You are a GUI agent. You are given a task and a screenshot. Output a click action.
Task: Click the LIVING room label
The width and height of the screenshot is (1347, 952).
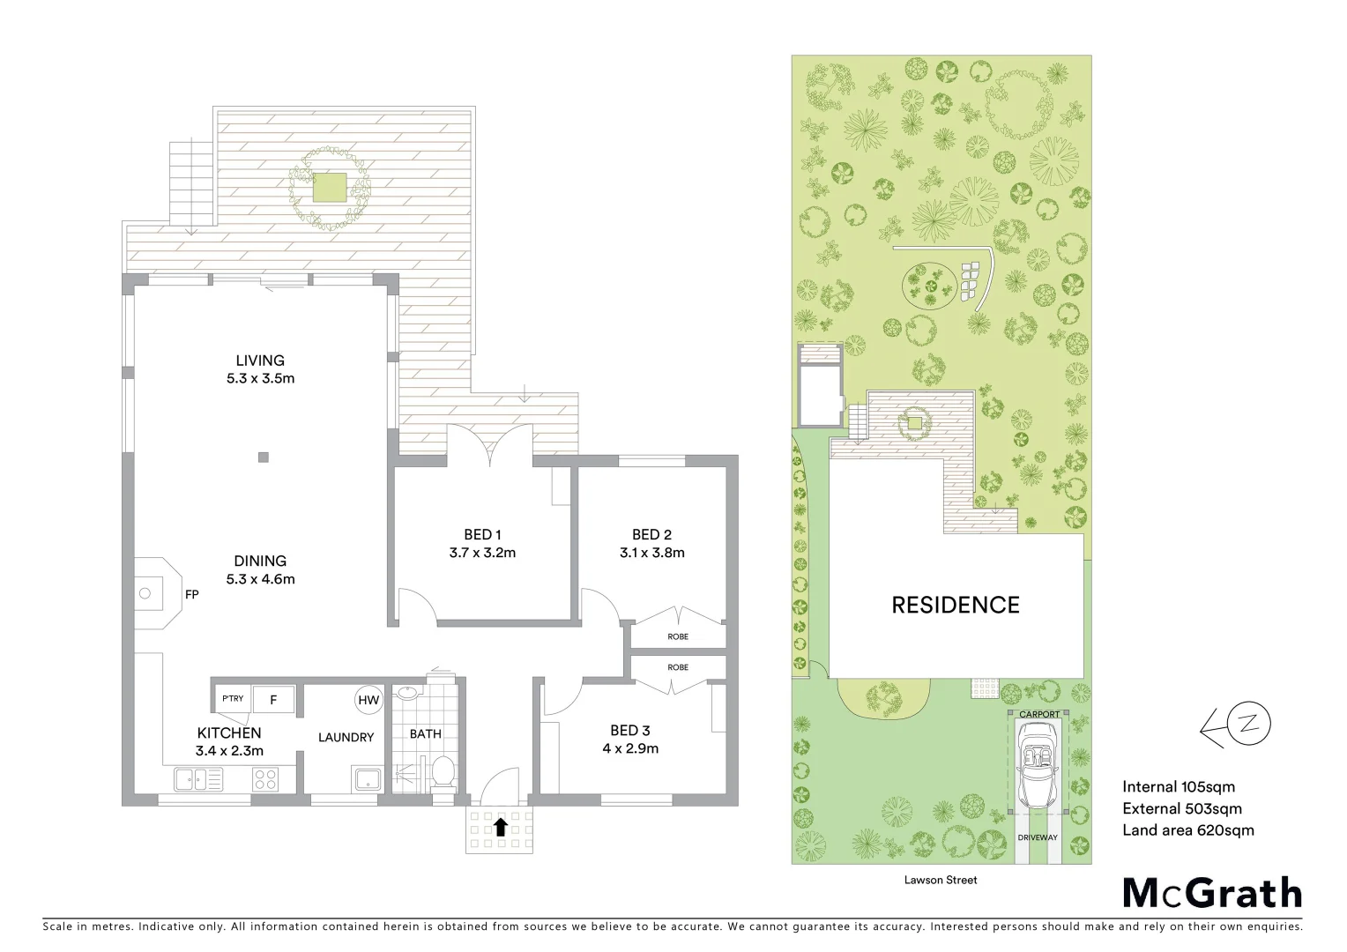(x=260, y=361)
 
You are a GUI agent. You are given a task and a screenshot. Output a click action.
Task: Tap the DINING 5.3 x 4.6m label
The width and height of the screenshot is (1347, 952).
(x=260, y=570)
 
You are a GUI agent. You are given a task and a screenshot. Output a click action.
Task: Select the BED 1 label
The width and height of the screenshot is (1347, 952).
(x=482, y=535)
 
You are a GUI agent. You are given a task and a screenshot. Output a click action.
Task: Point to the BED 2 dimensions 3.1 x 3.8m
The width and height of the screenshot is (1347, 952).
(x=651, y=554)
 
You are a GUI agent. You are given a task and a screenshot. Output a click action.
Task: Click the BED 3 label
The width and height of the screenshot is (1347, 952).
(x=629, y=731)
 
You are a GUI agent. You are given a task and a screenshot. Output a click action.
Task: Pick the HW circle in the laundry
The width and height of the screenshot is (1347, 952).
(x=368, y=701)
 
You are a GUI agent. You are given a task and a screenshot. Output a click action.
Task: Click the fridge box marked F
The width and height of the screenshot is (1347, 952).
(x=273, y=700)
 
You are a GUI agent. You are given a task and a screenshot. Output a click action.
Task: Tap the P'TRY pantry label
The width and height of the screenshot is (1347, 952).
(x=233, y=699)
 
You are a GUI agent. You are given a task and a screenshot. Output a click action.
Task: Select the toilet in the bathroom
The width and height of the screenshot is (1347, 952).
(x=443, y=771)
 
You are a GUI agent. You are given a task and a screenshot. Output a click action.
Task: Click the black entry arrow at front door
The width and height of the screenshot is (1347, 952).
(x=500, y=827)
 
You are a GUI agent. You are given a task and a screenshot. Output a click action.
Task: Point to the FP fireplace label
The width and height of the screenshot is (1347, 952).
(x=192, y=595)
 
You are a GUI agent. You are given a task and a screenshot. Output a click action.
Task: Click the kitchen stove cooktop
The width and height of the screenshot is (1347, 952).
(x=265, y=779)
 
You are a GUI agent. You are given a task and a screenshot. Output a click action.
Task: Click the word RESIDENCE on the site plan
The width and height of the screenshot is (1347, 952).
(x=956, y=606)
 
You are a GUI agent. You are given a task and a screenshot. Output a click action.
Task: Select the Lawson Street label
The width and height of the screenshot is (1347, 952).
(x=941, y=880)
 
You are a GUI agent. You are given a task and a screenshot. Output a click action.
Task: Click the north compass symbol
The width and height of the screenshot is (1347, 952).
(x=1247, y=725)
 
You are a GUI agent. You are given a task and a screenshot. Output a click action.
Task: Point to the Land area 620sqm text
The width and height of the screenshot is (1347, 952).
(x=1187, y=830)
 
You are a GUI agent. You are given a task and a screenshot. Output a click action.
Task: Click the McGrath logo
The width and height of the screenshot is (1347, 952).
(x=1212, y=893)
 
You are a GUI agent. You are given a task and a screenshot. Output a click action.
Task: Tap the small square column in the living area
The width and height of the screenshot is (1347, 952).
(x=263, y=457)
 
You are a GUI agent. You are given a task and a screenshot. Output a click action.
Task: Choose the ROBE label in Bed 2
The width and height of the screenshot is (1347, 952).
(x=678, y=636)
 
